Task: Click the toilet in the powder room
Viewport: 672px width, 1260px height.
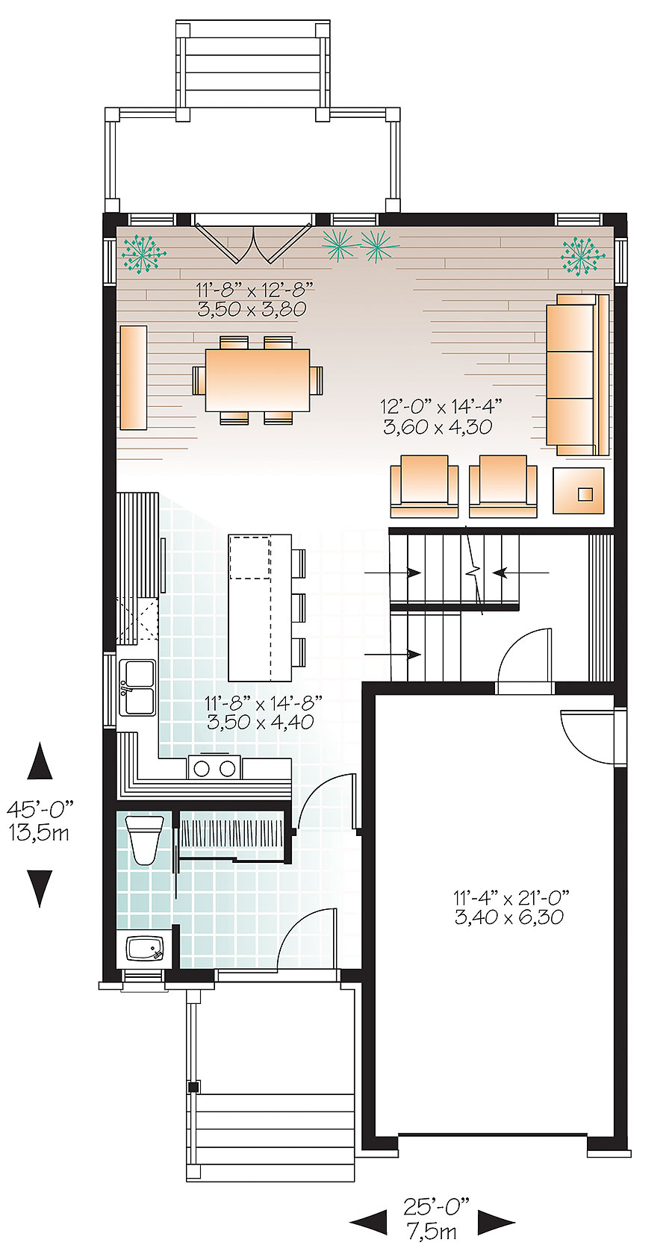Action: (144, 838)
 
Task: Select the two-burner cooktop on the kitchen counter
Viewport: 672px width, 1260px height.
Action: (215, 767)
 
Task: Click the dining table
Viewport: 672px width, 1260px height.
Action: (258, 380)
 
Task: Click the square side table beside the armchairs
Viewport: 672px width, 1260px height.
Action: (579, 490)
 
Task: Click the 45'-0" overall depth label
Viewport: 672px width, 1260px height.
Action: (41, 808)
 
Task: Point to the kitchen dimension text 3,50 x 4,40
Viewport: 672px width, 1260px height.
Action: (260, 722)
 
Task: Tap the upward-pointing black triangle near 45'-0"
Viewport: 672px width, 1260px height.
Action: (40, 762)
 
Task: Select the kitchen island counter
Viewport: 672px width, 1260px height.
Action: (259, 606)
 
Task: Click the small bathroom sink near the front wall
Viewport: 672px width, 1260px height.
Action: (144, 949)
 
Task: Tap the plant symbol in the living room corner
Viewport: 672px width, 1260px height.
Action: (582, 254)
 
